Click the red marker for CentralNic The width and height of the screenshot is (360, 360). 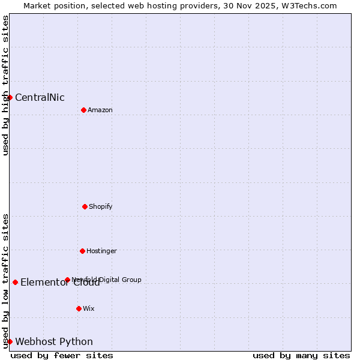[10, 97]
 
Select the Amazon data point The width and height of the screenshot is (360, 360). [83, 110]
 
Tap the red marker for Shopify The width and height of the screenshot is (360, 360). [85, 206]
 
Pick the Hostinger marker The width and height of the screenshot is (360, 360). [82, 251]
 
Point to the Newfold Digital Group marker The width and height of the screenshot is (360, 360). [67, 280]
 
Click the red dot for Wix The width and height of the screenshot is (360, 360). [79, 308]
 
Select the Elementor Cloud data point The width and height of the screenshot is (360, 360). [15, 282]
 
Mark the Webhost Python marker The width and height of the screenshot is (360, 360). [10, 341]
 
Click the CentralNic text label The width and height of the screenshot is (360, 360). [40, 98]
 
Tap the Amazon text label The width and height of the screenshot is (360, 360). [100, 110]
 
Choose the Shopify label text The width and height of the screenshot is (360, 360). [100, 207]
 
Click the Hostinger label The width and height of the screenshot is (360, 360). [101, 251]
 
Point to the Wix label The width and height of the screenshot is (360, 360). [89, 309]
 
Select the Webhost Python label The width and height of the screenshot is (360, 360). [54, 342]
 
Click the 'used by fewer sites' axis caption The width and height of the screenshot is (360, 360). [62, 355]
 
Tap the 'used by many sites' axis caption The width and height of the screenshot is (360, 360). [301, 355]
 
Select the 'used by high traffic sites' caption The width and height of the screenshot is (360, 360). [6, 85]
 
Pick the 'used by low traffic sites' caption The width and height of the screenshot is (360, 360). [6, 281]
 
